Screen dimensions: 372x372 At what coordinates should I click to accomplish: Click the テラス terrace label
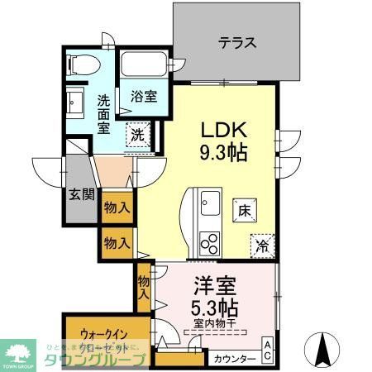click(x=236, y=44)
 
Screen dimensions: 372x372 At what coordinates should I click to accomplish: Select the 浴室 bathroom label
click(x=144, y=97)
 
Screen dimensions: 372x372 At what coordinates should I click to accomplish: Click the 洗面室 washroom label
click(x=104, y=113)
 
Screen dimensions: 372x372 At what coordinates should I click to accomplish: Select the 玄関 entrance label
click(x=81, y=195)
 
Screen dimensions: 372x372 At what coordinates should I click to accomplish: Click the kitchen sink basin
click(x=208, y=201)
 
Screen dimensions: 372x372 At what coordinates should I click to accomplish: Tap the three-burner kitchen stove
click(x=208, y=243)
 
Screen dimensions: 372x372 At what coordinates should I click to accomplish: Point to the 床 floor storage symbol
click(x=244, y=210)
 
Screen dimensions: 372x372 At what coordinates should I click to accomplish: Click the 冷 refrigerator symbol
click(x=262, y=246)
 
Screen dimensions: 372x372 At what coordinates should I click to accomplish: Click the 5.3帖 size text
click(x=215, y=308)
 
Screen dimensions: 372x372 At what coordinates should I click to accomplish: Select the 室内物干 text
click(x=216, y=323)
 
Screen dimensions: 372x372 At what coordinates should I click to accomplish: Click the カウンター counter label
click(x=234, y=360)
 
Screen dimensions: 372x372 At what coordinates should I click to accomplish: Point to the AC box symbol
click(x=269, y=351)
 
